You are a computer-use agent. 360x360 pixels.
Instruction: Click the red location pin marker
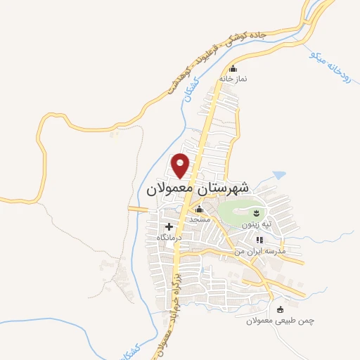[181, 165]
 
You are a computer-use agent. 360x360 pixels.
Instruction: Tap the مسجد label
[199, 220]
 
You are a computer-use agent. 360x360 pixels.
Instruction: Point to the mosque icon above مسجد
[199, 210]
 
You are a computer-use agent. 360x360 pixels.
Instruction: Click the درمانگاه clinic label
[169, 238]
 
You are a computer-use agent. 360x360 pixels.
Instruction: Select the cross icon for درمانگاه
[169, 227]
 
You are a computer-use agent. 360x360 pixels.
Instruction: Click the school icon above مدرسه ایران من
[259, 240]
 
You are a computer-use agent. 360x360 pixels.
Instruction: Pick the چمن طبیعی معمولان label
[280, 321]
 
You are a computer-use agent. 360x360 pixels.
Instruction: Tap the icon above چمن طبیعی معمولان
[281, 309]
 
